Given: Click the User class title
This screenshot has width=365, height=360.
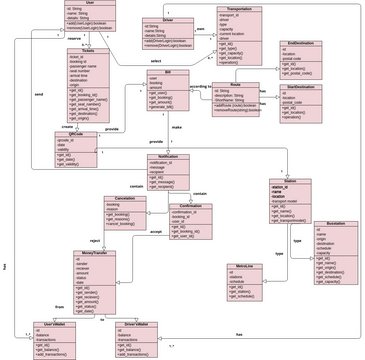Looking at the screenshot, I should click(x=90, y=4).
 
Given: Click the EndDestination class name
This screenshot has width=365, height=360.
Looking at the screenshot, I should click(x=305, y=43).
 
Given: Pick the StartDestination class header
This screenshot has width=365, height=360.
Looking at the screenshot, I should click(x=305, y=87).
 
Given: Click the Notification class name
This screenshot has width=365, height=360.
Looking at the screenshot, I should click(x=168, y=157).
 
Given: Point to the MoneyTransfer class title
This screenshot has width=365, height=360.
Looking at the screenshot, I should click(x=94, y=254).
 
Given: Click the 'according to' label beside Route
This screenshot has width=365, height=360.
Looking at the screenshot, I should click(x=199, y=87).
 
